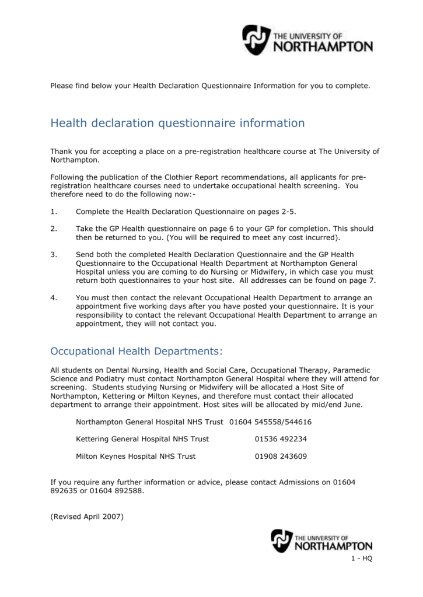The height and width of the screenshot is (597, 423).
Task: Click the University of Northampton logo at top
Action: pos(307,40)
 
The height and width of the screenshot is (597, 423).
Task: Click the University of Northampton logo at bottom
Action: pos(321,541)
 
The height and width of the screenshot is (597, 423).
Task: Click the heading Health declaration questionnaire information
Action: pos(177,124)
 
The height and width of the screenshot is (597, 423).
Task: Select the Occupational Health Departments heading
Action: pos(137,351)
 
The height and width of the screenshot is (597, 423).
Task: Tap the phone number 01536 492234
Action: pos(281,439)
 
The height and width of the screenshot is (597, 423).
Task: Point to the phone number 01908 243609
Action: pos(281,456)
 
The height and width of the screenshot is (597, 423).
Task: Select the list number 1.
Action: pos(54,211)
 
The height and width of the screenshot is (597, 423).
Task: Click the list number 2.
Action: pos(54,229)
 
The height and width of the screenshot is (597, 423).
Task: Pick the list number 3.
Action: pos(54,255)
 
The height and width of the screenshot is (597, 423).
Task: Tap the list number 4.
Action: pos(54,298)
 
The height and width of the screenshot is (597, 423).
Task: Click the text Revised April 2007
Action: pos(87,517)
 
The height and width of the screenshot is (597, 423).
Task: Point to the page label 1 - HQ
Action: pos(361,559)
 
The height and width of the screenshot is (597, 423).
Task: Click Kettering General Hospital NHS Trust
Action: pos(142,439)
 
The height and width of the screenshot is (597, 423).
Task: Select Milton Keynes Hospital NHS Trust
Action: pos(136,456)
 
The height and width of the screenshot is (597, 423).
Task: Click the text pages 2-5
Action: pos(285,211)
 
